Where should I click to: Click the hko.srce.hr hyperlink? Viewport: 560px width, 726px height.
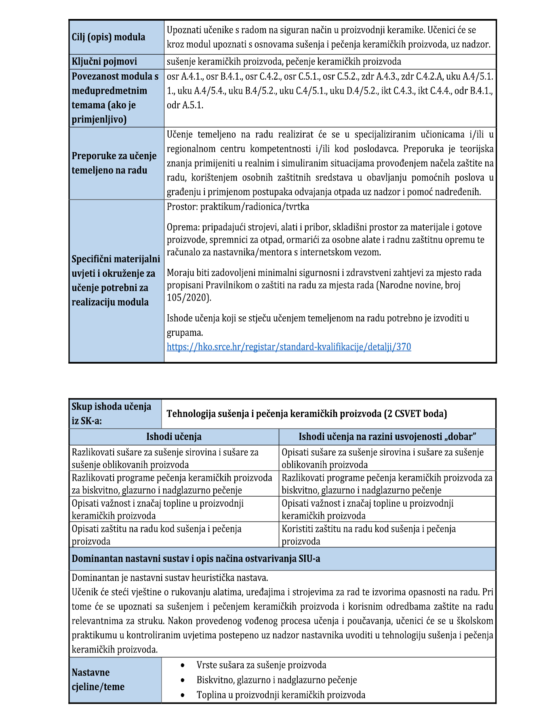point(288,347)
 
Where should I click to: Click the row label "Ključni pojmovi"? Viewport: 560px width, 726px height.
point(104,61)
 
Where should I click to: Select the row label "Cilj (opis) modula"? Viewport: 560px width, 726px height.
point(108,37)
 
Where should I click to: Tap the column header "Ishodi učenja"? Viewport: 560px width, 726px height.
point(174,437)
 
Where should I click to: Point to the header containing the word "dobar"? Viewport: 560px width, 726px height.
point(387,437)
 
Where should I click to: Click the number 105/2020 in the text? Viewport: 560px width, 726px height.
point(188,298)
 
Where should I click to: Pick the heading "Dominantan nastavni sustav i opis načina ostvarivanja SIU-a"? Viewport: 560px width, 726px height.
point(196,559)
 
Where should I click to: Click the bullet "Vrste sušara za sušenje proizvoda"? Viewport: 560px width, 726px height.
point(261,665)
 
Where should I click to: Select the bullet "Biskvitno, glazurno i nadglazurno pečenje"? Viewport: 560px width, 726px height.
point(276,680)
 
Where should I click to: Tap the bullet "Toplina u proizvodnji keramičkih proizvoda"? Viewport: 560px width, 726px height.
point(281,695)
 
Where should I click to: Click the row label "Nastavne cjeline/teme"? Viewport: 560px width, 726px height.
point(98,680)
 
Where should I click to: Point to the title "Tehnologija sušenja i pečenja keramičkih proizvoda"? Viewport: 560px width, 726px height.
point(306,414)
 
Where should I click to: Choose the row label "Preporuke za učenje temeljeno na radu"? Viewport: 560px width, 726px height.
point(114,163)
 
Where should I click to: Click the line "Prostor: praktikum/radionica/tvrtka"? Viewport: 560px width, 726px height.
point(238,207)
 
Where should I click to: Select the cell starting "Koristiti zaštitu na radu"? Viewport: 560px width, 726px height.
point(368,535)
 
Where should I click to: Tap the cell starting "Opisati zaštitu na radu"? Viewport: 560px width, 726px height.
point(157,535)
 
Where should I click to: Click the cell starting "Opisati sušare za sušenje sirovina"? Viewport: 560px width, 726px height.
point(382,458)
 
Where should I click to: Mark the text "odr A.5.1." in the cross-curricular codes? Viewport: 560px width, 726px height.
point(185,105)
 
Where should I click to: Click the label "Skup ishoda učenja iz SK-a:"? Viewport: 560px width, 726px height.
point(112,414)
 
